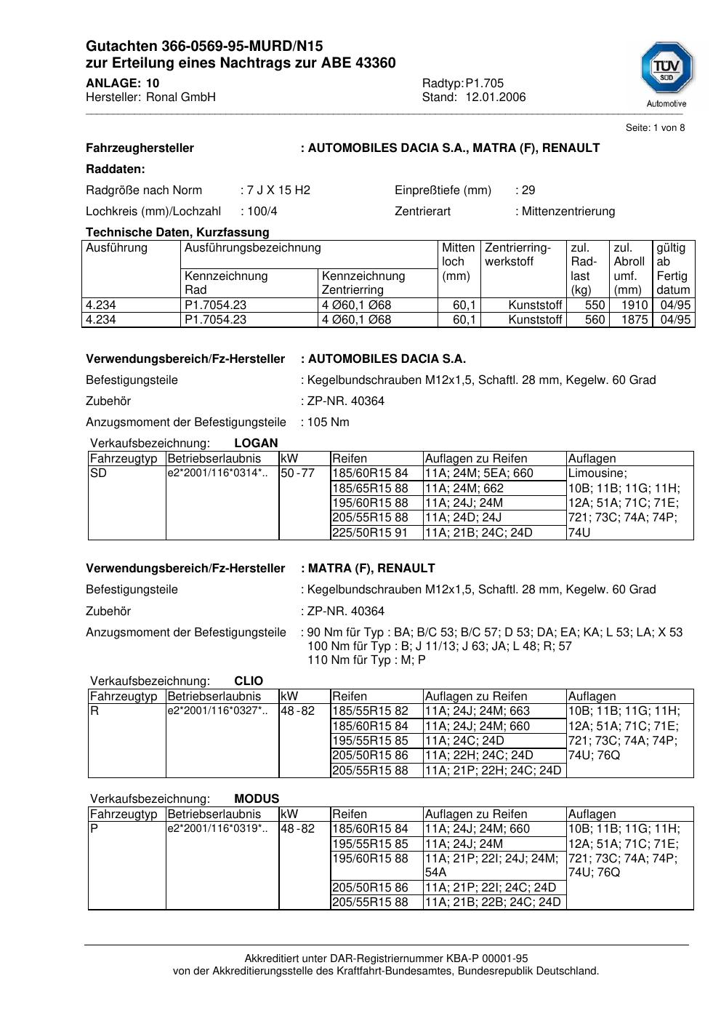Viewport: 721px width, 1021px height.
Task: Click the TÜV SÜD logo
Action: (666, 70)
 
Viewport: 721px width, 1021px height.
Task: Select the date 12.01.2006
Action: (496, 97)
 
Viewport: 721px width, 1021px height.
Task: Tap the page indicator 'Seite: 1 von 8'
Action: (655, 128)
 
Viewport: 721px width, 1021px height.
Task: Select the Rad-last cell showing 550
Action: (595, 305)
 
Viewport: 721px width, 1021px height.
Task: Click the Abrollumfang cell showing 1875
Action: (634, 320)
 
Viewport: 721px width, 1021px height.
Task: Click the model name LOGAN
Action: (256, 443)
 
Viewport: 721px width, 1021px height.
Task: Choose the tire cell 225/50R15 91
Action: (370, 532)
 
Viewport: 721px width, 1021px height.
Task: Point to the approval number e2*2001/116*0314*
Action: (217, 473)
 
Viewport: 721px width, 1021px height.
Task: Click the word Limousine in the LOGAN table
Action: (597, 473)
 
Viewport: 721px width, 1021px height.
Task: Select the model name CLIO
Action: (249, 681)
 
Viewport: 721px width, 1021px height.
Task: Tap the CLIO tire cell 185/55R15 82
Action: (370, 711)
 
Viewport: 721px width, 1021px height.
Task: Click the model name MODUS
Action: (257, 798)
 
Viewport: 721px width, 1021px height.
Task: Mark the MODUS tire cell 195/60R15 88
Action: (370, 859)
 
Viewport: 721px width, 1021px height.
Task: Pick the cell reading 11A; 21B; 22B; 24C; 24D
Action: (493, 902)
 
